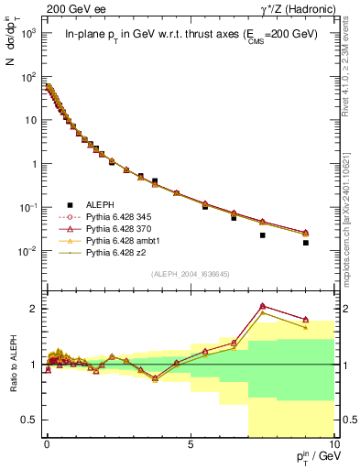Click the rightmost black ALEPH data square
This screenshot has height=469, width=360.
306,243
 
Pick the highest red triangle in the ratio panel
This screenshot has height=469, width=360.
263,306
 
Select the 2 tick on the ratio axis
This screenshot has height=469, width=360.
33,309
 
